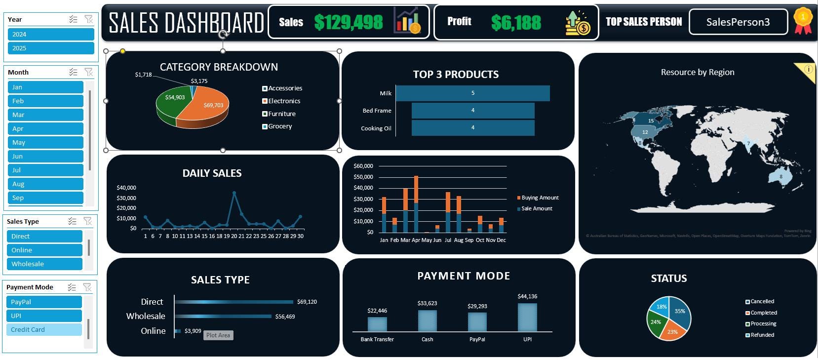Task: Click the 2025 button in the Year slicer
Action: [x=51, y=48]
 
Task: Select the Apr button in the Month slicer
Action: [x=45, y=129]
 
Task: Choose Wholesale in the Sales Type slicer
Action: [x=44, y=264]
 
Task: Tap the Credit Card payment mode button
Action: [x=44, y=330]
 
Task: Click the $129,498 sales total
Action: [x=349, y=22]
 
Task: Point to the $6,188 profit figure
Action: [x=516, y=22]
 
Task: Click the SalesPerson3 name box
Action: [x=738, y=22]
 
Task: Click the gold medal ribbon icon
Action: [x=803, y=21]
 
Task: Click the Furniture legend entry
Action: [x=281, y=114]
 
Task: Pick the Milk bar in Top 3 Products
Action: [x=472, y=93]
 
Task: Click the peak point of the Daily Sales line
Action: [x=234, y=193]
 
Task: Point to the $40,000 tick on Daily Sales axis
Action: [x=126, y=188]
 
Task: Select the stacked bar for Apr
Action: [x=416, y=204]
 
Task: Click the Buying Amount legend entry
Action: [x=540, y=198]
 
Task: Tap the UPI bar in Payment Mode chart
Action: [x=527, y=318]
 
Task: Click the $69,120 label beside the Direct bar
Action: [x=307, y=302]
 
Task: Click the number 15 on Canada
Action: [x=651, y=121]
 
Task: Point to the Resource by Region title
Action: [x=698, y=73]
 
